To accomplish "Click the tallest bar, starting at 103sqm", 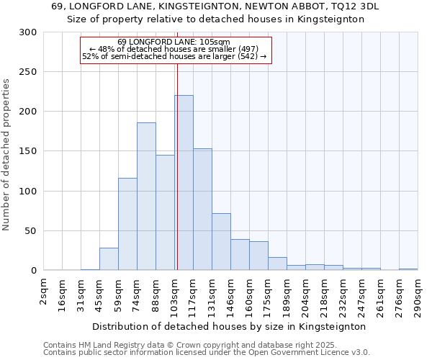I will tap(184, 183).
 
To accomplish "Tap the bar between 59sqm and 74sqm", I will tap(127, 224).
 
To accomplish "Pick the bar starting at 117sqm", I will tap(202, 210).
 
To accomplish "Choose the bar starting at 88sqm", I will tap(165, 212).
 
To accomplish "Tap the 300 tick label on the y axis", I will tap(28, 32).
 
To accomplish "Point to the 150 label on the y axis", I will tap(28, 152).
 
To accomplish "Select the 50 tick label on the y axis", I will tap(31, 231).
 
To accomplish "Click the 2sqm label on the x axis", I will tap(44, 289).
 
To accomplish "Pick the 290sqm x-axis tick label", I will tap(418, 294).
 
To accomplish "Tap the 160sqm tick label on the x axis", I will tap(250, 294).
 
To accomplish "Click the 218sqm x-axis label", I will tap(325, 294).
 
